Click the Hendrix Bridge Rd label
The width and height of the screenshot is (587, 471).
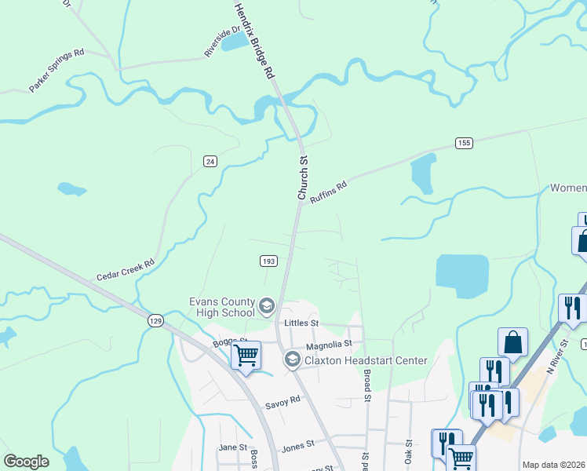[x=254, y=39]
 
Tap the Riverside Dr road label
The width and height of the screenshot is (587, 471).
[x=222, y=42]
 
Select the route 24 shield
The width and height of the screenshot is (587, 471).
[x=210, y=161]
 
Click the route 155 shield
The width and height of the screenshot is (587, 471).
[x=464, y=142]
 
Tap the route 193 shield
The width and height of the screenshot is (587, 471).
[x=268, y=259]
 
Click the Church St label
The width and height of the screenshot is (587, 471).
[x=302, y=177]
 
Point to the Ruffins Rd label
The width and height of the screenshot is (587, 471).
[x=328, y=193]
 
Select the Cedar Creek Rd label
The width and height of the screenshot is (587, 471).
[x=126, y=271]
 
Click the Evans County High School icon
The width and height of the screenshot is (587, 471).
[x=267, y=305]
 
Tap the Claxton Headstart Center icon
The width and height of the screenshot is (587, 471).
[x=292, y=360]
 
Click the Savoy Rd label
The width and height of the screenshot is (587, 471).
[x=283, y=400]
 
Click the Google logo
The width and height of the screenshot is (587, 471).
[x=27, y=462]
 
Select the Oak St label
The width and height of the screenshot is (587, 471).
[x=408, y=456]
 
